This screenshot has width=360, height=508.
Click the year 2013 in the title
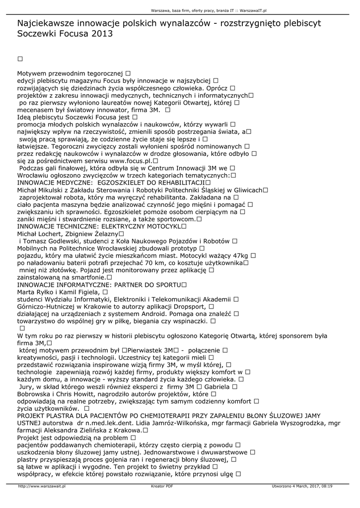[x=102, y=34]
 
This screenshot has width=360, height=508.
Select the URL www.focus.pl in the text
[x=131, y=161]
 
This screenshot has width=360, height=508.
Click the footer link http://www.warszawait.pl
[x=42, y=486]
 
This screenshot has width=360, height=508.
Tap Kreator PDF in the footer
[x=162, y=486]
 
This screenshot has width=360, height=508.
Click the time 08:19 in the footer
[x=326, y=486]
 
